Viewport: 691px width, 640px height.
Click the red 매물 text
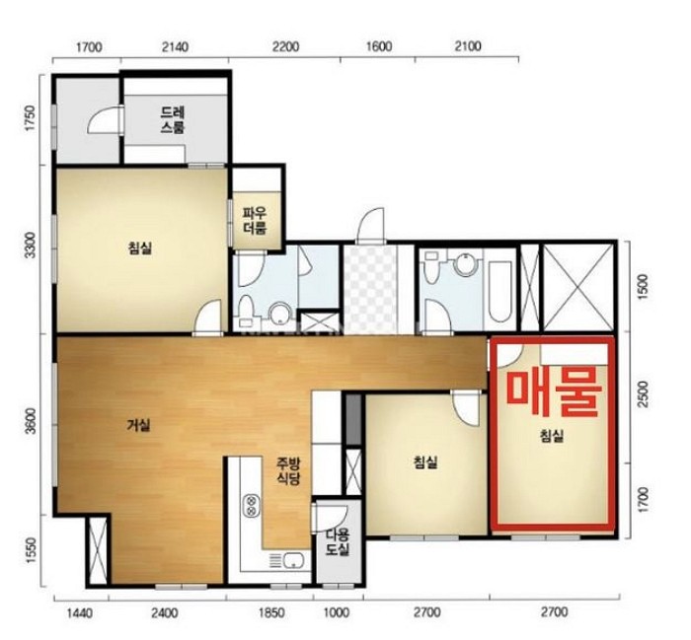(554, 392)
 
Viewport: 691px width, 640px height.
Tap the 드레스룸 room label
(173, 119)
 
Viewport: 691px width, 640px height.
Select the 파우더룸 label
(255, 221)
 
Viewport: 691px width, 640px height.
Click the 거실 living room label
(139, 425)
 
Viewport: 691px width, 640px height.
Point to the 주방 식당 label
(288, 470)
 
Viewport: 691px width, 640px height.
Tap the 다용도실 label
(338, 541)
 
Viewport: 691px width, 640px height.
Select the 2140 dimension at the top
(175, 46)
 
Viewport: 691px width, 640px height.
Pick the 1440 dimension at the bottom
(79, 612)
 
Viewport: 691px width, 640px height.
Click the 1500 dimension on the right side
(644, 287)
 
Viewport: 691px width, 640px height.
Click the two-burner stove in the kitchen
(251, 505)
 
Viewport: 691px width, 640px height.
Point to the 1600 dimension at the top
(379, 46)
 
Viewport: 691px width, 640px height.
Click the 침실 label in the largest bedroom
(140, 249)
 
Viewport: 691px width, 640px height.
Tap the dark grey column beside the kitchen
(353, 419)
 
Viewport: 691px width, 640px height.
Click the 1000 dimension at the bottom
(337, 612)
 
